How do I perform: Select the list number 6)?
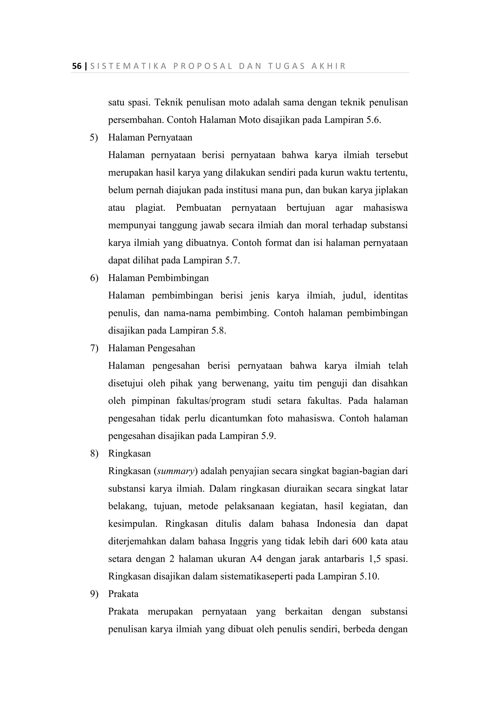click(x=94, y=278)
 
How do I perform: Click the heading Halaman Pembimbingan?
click(x=158, y=278)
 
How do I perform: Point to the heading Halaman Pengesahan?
click(x=152, y=348)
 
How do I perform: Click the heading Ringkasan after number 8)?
click(x=129, y=454)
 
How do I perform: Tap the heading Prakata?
click(x=123, y=594)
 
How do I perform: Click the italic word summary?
click(x=176, y=471)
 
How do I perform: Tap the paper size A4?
click(x=256, y=559)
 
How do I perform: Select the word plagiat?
click(x=150, y=208)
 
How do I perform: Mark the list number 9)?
click(x=94, y=594)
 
